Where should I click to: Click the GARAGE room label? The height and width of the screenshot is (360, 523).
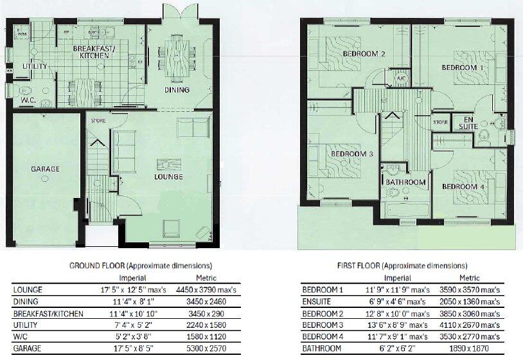click(x=45, y=169)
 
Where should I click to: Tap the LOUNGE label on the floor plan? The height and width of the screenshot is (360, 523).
click(x=169, y=177)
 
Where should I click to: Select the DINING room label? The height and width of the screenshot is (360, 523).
click(x=177, y=90)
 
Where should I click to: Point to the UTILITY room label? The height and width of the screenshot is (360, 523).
click(x=33, y=66)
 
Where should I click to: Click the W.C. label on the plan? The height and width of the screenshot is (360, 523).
click(x=28, y=100)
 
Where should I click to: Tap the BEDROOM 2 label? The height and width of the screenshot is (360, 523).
click(x=364, y=54)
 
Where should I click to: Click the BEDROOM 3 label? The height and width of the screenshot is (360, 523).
click(x=352, y=154)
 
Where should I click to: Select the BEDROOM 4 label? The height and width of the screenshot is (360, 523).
click(x=463, y=186)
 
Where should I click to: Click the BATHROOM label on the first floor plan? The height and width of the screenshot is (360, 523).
click(x=405, y=183)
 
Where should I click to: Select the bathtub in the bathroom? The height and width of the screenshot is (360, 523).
click(x=405, y=210)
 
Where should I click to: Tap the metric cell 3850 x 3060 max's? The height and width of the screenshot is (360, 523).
click(x=474, y=313)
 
